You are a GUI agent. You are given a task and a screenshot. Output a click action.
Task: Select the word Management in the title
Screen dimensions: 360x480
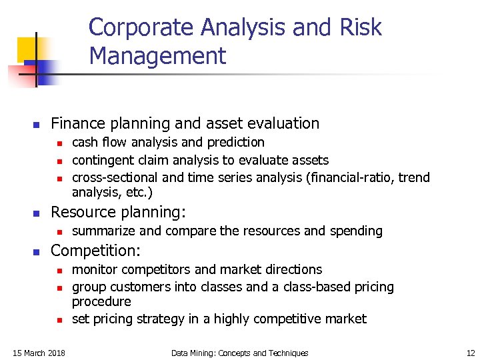(157, 56)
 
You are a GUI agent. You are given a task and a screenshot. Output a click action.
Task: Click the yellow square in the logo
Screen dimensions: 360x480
(29, 49)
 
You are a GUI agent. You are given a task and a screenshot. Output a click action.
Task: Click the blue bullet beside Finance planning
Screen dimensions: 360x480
(37, 125)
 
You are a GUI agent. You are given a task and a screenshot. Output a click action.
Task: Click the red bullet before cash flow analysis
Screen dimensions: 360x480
(59, 143)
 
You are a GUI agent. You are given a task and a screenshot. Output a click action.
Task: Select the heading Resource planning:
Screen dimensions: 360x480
(119, 213)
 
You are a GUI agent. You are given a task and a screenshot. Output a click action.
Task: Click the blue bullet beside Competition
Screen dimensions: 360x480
(37, 252)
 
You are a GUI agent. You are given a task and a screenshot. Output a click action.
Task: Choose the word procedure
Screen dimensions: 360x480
(101, 301)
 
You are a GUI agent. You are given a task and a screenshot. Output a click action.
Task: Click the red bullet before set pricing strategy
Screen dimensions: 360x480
(59, 320)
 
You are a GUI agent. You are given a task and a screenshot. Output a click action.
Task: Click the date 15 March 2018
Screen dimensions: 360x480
(40, 353)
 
